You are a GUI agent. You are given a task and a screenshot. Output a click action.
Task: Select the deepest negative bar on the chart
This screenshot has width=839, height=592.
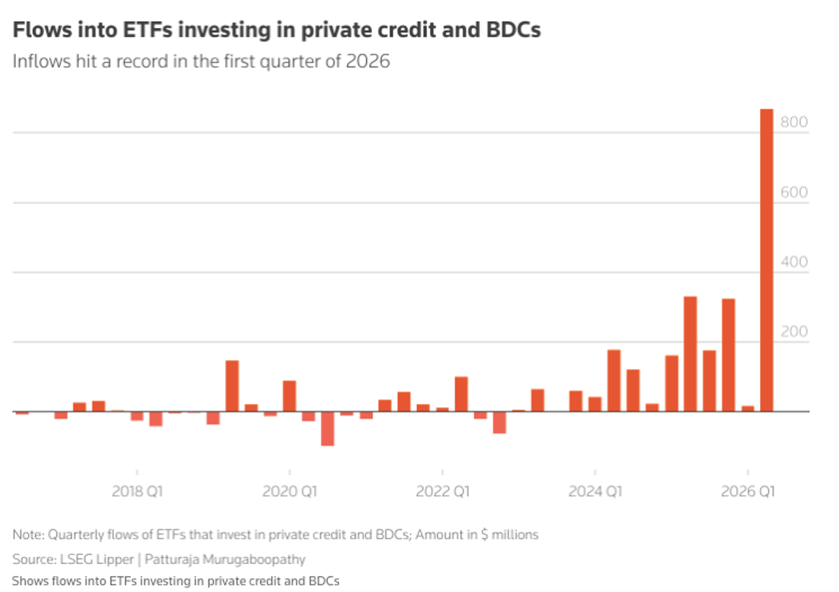327,428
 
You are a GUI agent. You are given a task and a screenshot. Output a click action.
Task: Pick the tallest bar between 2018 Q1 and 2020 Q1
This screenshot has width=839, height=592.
232,386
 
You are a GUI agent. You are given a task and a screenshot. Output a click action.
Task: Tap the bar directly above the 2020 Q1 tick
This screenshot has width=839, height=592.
289,396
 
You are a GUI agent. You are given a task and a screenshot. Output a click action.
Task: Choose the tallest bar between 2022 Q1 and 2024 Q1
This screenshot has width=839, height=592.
461,394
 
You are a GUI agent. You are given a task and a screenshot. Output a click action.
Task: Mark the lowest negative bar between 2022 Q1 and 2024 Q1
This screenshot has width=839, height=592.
499,422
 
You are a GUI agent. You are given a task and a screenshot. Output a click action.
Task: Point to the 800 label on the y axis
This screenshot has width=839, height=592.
795,122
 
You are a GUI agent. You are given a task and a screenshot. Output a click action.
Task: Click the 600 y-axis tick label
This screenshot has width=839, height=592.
795,192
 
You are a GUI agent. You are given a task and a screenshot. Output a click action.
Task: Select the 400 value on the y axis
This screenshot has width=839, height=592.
795,262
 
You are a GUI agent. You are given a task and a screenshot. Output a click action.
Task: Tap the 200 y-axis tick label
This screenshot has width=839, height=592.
795,332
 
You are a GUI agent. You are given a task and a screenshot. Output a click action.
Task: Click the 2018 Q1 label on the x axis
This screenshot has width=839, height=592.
137,492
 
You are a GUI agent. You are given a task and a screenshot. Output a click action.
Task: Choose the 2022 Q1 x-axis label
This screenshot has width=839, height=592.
442,492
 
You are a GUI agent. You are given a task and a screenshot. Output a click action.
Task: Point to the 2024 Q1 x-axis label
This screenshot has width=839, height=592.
594,492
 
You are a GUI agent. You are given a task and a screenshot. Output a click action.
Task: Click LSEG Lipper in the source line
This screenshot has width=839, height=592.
91,559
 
